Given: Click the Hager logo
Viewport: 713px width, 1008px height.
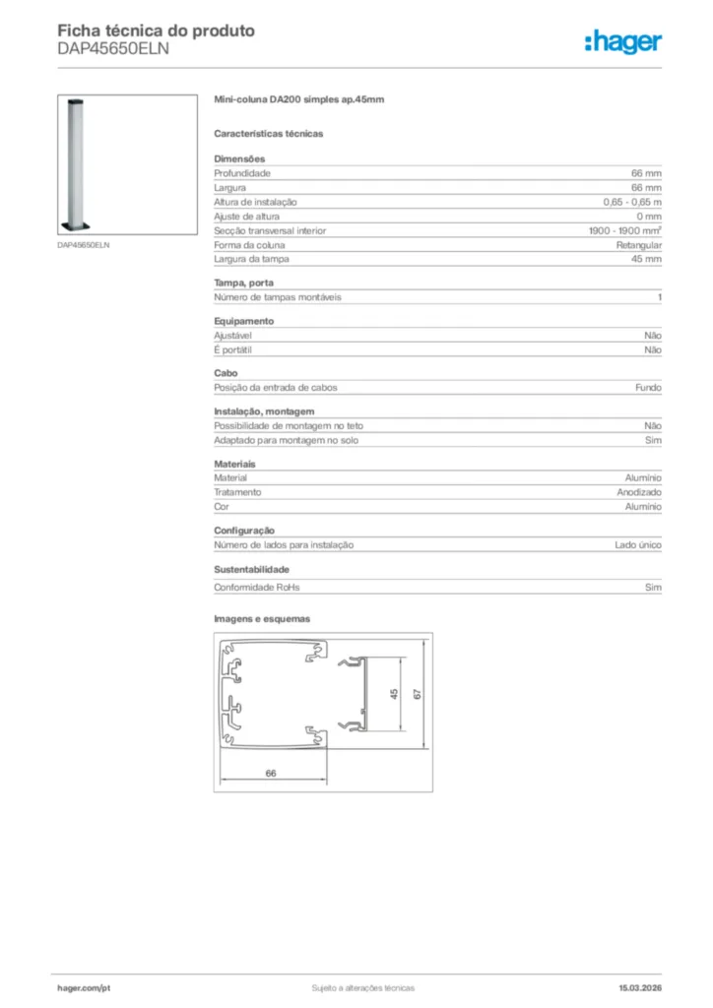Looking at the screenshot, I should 622,41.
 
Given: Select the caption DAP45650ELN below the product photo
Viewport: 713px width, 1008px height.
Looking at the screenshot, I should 83,244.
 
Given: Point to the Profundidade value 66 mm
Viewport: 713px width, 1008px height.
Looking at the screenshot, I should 646,173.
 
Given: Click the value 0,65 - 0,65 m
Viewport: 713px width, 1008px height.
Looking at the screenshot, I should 632,202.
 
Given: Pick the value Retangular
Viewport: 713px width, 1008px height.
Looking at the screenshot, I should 639,244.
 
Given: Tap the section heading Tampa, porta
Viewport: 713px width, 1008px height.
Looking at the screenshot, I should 244,283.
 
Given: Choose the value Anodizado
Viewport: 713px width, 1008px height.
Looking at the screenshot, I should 639,492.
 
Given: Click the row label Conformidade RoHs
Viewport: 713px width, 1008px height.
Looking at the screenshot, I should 257,588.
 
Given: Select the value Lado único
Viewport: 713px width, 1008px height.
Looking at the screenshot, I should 638,544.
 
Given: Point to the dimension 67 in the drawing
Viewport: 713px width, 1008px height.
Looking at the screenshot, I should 418,694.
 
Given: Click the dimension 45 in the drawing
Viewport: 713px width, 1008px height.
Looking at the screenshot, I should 394,694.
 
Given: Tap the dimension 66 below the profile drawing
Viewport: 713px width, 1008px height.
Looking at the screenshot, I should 271,773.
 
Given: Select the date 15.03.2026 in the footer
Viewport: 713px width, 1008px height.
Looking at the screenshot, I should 639,987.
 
